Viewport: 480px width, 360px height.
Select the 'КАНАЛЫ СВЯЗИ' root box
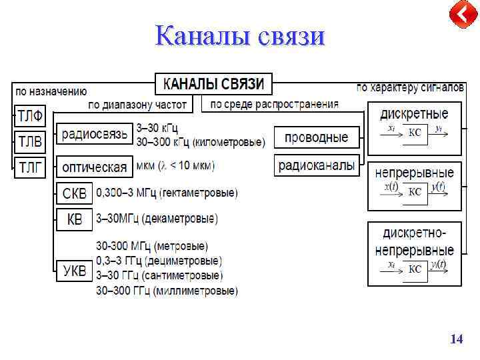tap(214, 84)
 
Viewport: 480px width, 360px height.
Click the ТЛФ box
tap(30, 117)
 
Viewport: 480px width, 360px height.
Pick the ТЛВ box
tap(30, 141)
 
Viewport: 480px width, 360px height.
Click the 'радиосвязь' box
tap(94, 134)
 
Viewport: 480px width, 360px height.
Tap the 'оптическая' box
tap(94, 165)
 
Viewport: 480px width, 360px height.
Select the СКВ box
tap(74, 194)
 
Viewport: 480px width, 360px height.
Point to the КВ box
tap(74, 219)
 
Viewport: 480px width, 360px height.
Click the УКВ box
tap(74, 271)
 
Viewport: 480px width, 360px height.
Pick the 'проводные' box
tap(316, 137)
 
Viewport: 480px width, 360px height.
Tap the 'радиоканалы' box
tap(316, 165)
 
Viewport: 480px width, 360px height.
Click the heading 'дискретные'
tap(414, 113)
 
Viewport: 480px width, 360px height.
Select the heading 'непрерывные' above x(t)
tap(414, 173)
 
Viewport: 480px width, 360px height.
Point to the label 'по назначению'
tap(51, 91)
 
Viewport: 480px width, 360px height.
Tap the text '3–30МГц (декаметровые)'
tap(157, 219)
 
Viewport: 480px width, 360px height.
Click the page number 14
tap(456, 339)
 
